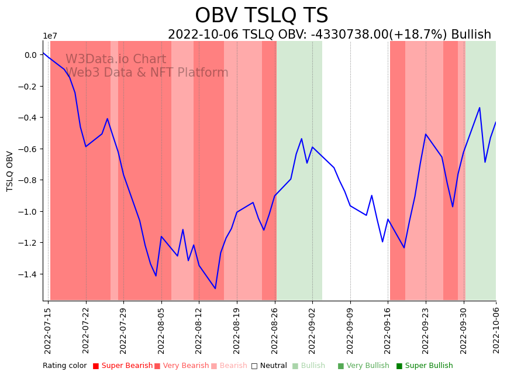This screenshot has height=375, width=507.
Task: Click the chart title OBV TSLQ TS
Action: click(x=261, y=16)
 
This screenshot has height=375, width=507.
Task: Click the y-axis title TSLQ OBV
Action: click(x=10, y=171)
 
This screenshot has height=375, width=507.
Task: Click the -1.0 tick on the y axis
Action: click(x=27, y=211)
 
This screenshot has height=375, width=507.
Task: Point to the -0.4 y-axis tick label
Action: click(x=27, y=118)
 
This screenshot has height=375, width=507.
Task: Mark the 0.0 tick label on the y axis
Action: click(x=30, y=55)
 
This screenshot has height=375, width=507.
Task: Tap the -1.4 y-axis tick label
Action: click(x=27, y=274)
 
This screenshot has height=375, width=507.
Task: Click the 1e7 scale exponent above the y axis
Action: click(x=50, y=36)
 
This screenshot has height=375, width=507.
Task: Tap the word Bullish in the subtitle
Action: click(x=471, y=35)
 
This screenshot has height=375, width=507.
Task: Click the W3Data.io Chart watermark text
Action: click(x=116, y=59)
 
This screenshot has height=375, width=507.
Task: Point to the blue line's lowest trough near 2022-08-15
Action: click(x=215, y=288)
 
